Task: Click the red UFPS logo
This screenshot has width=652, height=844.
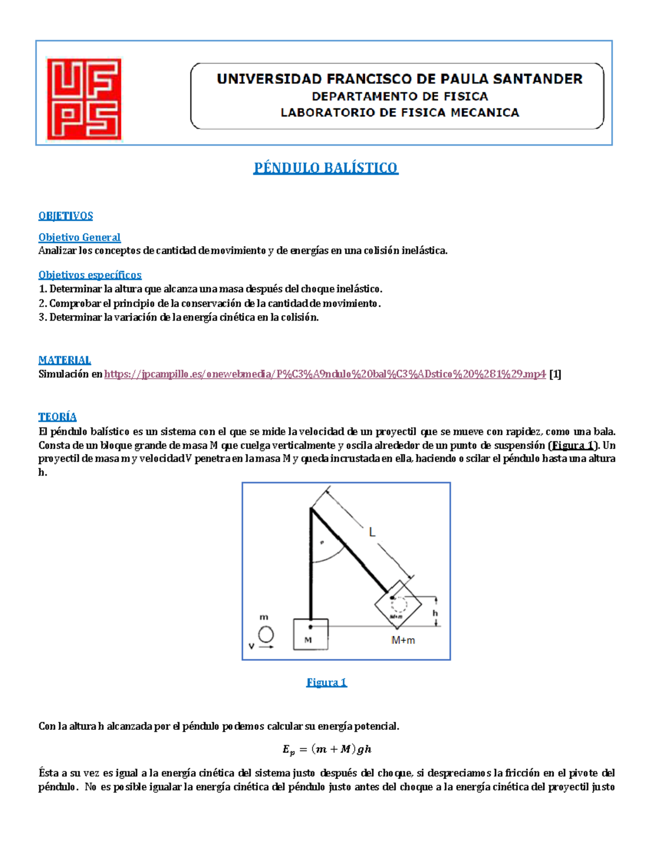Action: point(84,99)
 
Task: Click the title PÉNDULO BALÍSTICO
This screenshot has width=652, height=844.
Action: point(325,168)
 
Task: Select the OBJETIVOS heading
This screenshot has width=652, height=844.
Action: point(65,216)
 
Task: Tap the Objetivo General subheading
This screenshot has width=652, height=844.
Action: point(79,237)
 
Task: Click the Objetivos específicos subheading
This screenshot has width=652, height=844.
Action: point(90,275)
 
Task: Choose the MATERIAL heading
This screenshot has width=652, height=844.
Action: point(65,360)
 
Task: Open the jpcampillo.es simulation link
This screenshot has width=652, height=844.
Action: point(324,374)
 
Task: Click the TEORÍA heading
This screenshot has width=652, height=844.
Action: point(57,417)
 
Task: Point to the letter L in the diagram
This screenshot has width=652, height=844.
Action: point(372,533)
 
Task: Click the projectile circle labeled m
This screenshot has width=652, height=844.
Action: point(266,634)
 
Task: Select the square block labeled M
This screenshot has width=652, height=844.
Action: point(310,634)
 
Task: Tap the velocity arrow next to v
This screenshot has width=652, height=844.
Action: point(266,647)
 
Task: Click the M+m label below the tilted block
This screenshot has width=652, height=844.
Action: point(403,641)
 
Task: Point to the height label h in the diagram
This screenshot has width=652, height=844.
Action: point(435,613)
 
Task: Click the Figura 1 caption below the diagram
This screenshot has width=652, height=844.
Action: point(327,683)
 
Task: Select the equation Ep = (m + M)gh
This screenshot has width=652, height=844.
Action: point(327,749)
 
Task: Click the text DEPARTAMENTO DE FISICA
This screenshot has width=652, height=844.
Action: point(400,97)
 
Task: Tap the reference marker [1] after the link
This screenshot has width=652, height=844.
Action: point(555,374)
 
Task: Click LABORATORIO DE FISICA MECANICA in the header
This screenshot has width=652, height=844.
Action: point(400,113)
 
